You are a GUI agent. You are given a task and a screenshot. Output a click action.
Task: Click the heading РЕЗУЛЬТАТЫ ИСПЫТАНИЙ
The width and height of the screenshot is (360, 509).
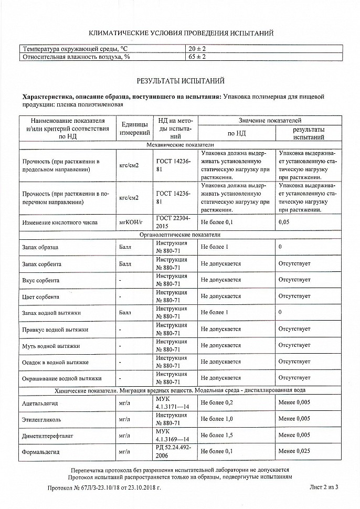[x=181, y=81]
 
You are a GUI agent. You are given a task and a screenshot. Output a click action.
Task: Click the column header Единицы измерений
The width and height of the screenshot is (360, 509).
[x=134, y=129]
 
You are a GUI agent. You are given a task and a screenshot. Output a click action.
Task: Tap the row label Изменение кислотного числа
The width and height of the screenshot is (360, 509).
[x=60, y=222]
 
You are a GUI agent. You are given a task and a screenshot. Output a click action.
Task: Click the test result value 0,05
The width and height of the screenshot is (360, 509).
[x=284, y=222]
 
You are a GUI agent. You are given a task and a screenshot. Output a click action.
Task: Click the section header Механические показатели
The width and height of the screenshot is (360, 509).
[x=181, y=144]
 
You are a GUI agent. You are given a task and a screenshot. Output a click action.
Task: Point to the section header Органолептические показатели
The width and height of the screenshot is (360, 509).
[x=180, y=235]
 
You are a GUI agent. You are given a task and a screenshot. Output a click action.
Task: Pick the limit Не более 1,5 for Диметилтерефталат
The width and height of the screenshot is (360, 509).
[x=217, y=435]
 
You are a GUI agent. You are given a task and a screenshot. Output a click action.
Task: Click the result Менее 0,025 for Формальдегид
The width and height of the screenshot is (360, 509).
[x=294, y=451]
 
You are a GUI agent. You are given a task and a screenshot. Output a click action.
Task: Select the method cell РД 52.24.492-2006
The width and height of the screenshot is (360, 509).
[x=173, y=451]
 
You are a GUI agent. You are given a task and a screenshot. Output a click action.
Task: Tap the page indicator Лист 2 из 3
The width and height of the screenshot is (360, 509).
[x=324, y=487]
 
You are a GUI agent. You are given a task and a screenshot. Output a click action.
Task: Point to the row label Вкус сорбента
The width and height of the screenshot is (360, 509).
[x=41, y=280]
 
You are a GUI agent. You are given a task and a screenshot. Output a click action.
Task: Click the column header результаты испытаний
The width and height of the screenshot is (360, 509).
[x=309, y=133]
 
